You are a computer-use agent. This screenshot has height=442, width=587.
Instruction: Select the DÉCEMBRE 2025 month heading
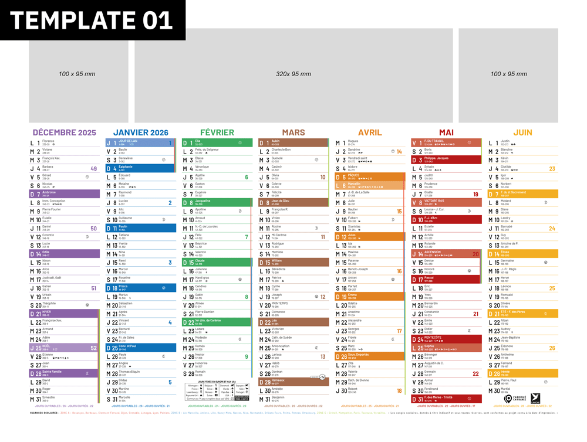65,132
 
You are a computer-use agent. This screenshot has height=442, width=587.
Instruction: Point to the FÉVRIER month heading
217,132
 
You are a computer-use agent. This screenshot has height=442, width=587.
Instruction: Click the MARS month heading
293,132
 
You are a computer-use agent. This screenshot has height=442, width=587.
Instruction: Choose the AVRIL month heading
370,132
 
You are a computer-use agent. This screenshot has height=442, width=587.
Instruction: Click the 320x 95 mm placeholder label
293,74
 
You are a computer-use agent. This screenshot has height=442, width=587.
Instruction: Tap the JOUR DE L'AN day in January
129,142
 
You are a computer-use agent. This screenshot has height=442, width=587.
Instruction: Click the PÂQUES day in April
354,176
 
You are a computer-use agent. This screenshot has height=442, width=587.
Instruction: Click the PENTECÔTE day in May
434,338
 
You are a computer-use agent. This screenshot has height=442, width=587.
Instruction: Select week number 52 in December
93,348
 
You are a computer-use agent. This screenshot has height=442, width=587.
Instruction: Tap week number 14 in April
399,152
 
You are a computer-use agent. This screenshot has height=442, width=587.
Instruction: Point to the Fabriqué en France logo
515,399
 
